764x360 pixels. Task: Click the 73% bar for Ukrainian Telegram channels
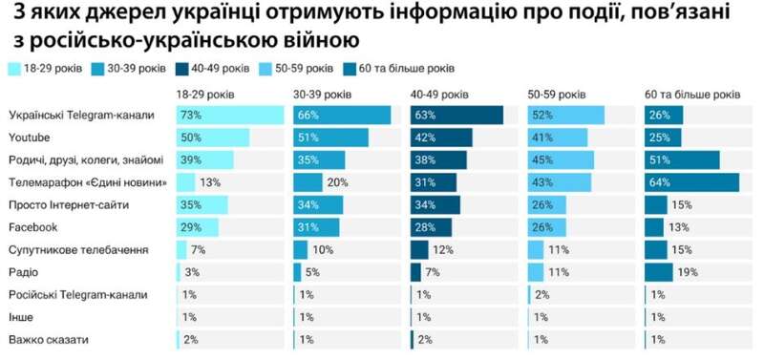coord(230,116)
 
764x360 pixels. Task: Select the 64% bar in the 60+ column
coord(691,182)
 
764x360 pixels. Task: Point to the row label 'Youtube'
coord(29,138)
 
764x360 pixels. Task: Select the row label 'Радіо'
coord(22,272)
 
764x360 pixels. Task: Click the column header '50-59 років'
coord(556,95)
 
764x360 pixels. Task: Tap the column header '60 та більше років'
coord(692,95)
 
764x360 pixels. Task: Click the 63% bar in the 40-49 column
coord(456,116)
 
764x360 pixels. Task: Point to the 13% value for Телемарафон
coord(211,182)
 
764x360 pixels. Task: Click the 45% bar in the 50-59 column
coord(561,159)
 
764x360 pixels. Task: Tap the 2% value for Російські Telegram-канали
coord(542,295)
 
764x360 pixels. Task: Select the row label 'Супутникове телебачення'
coord(77,249)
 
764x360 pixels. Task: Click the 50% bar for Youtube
coord(213,138)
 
